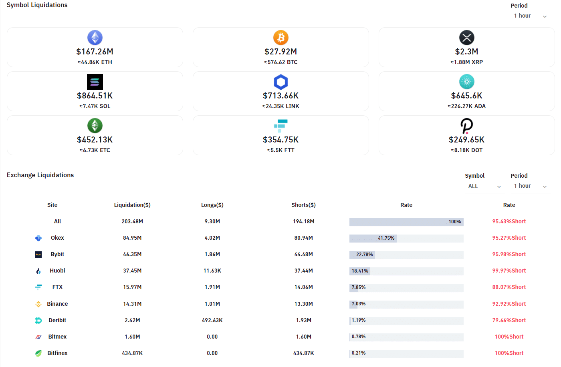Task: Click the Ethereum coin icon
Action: pyautogui.click(x=95, y=38)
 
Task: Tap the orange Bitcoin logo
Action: pyautogui.click(x=281, y=38)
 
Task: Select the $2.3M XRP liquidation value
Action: pyautogui.click(x=466, y=52)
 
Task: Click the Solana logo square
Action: pyautogui.click(x=95, y=82)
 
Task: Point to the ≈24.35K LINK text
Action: pyautogui.click(x=281, y=106)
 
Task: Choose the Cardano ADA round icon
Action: pyautogui.click(x=466, y=82)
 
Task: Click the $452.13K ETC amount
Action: pyautogui.click(x=95, y=140)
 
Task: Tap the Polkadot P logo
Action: pyautogui.click(x=466, y=126)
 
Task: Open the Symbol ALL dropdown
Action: pyautogui.click(x=484, y=187)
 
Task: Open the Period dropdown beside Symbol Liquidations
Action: pyautogui.click(x=530, y=16)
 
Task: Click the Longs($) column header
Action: pyautogui.click(x=212, y=205)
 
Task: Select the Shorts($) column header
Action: pyautogui.click(x=303, y=205)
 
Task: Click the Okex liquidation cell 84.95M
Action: pyautogui.click(x=132, y=238)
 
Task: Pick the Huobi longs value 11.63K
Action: pyautogui.click(x=212, y=271)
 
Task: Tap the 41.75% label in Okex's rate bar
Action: pyautogui.click(x=386, y=238)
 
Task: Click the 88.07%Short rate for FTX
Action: pyautogui.click(x=509, y=287)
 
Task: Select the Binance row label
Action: pyautogui.click(x=57, y=304)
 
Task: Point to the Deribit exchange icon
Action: pyautogui.click(x=38, y=320)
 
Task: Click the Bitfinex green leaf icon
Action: pyautogui.click(x=38, y=353)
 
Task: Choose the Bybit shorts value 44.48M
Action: pyautogui.click(x=303, y=254)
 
